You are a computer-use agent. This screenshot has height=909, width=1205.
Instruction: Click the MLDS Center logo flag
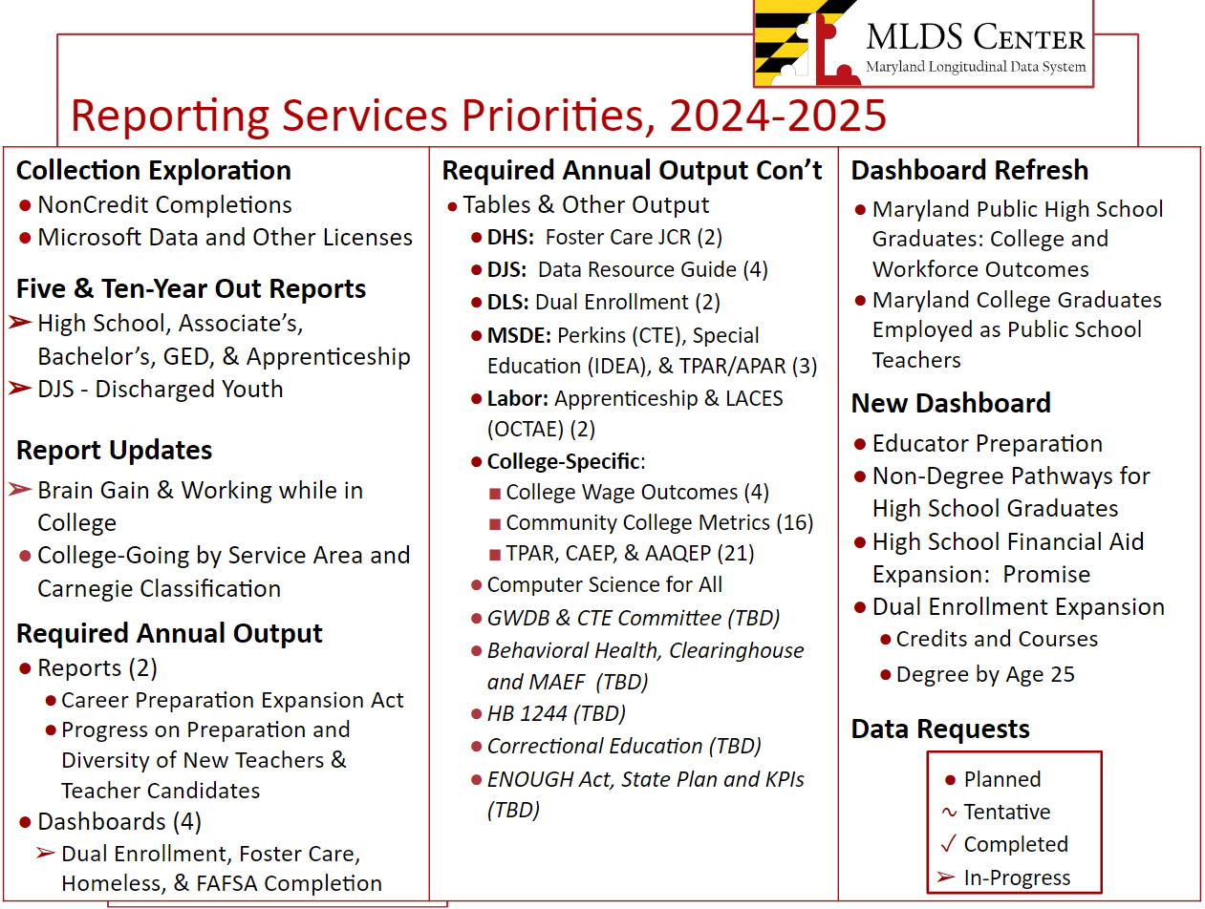pyautogui.click(x=807, y=43)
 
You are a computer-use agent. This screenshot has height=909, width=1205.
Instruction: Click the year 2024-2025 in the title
pyautogui.click(x=778, y=116)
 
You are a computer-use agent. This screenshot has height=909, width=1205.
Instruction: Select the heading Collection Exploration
pyautogui.click(x=154, y=171)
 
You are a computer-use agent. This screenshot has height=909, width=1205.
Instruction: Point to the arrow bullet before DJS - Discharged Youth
pyautogui.click(x=20, y=389)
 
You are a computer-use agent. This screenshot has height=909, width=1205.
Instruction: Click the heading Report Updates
pyautogui.click(x=114, y=451)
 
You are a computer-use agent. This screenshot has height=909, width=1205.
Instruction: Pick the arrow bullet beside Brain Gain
pyautogui.click(x=20, y=489)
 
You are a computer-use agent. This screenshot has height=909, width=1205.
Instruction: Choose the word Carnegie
pyautogui.click(x=84, y=589)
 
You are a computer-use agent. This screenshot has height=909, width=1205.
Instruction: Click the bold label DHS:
pyautogui.click(x=510, y=238)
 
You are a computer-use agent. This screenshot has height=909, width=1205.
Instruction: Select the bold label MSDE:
pyautogui.click(x=519, y=335)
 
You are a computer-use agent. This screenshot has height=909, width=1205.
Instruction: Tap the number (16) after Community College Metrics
pyautogui.click(x=794, y=523)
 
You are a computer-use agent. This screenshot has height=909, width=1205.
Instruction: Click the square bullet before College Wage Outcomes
pyautogui.click(x=495, y=494)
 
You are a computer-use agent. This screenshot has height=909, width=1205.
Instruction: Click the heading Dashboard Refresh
pyautogui.click(x=970, y=170)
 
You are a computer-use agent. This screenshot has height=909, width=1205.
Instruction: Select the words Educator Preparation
pyautogui.click(x=988, y=444)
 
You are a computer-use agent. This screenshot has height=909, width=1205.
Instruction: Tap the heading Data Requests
pyautogui.click(x=940, y=729)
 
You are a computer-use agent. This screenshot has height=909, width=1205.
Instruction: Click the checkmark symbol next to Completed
pyautogui.click(x=949, y=844)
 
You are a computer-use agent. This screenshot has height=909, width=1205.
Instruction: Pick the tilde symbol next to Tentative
pyautogui.click(x=949, y=813)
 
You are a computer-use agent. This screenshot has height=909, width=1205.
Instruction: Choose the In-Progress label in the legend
pyautogui.click(x=1018, y=877)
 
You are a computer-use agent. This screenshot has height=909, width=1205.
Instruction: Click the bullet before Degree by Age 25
pyautogui.click(x=885, y=674)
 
